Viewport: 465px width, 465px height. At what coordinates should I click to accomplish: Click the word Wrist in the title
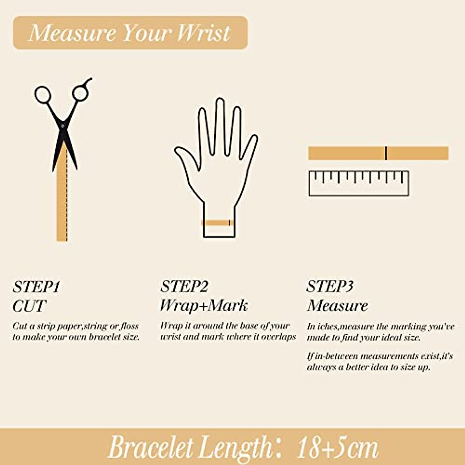[x=204, y=33]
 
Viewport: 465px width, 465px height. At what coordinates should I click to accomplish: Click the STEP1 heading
[x=36, y=287]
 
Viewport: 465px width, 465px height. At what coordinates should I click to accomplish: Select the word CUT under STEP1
[x=29, y=306]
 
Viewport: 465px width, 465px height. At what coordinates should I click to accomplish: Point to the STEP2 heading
[x=184, y=287]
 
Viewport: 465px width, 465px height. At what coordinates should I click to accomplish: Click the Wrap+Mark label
[x=203, y=306]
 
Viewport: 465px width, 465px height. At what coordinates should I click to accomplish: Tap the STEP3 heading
[x=330, y=287]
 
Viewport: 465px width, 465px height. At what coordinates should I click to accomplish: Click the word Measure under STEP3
[x=337, y=306]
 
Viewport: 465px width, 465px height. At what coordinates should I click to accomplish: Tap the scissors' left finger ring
[x=43, y=95]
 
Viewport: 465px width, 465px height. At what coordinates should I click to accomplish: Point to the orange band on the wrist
[x=217, y=223]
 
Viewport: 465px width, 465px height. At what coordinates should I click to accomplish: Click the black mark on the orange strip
[x=386, y=153]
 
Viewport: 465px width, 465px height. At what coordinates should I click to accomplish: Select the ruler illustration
[x=358, y=183]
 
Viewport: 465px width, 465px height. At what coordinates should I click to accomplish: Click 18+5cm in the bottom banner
[x=337, y=448]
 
